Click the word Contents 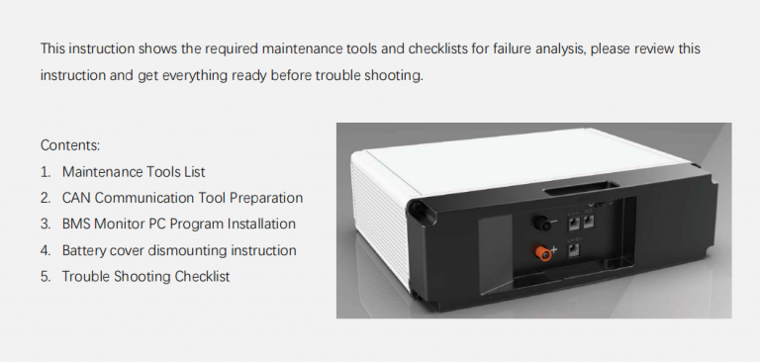tap(70, 144)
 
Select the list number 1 tap(46, 171)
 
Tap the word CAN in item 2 tap(77, 198)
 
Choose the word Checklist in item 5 tap(202, 277)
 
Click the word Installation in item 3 tap(260, 224)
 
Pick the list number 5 tap(46, 277)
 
